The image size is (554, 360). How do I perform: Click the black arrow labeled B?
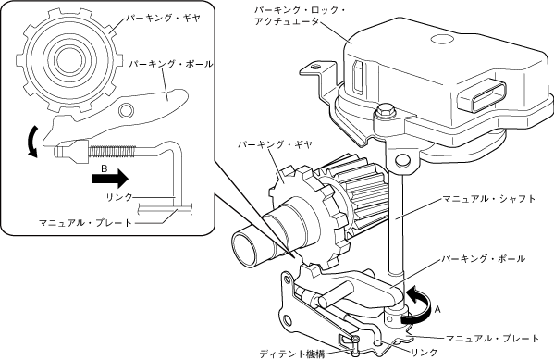tap(110, 179)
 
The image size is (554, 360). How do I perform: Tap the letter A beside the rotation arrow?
tap(437, 310)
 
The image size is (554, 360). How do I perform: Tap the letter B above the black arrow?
tap(104, 168)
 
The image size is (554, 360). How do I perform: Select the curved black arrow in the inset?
tap(31, 142)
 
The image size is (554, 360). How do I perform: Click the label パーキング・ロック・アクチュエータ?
tap(300, 16)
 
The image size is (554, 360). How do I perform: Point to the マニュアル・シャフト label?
tap(489, 199)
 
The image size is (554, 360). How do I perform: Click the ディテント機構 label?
tap(292, 354)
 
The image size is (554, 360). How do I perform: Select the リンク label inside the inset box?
tap(119, 197)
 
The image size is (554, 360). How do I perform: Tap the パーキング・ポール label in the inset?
tap(171, 64)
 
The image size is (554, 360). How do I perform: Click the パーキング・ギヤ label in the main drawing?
tap(275, 144)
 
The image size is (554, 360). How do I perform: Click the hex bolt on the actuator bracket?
tap(385, 110)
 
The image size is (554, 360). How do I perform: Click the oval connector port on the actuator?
tap(482, 95)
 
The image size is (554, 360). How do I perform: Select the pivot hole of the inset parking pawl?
tap(125, 111)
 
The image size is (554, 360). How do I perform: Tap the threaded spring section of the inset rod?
tap(111, 152)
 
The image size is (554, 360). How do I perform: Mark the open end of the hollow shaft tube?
tap(246, 248)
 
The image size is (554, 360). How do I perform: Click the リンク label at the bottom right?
tap(425, 353)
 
